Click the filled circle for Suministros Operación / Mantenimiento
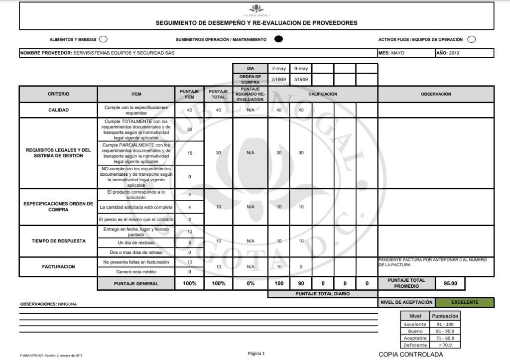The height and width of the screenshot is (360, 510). click(x=279, y=39)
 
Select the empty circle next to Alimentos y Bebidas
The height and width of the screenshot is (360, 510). click(x=103, y=39)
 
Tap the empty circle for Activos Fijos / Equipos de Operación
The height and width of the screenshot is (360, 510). click(x=471, y=39)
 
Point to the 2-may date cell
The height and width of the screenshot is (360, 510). click(x=279, y=68)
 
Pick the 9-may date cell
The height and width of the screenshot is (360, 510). click(x=301, y=68)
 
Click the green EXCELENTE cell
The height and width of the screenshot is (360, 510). click(x=464, y=302)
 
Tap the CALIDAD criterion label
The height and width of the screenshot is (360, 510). click(x=58, y=110)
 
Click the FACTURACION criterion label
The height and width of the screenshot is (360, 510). click(x=58, y=266)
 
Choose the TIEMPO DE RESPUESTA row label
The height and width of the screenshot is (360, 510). click(x=58, y=240)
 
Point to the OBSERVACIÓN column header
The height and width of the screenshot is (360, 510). click(x=436, y=94)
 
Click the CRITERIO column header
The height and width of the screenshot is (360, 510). click(x=58, y=94)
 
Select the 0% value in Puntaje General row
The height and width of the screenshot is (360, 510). click(x=251, y=283)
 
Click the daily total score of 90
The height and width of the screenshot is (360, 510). click(x=301, y=283)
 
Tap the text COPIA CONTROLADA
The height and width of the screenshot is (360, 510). click(x=410, y=355)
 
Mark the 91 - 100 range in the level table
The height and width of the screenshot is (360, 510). click(x=445, y=324)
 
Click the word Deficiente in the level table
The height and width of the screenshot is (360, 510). click(x=415, y=345)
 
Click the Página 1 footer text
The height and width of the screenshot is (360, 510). click(x=256, y=354)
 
